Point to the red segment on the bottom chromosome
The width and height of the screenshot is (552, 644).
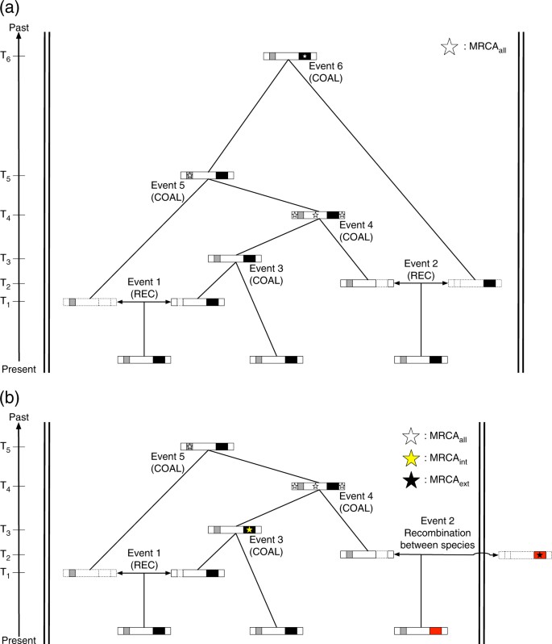click(x=435, y=630)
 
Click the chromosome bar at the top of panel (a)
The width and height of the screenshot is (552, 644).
click(x=288, y=56)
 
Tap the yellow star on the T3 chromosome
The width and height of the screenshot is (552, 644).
click(x=250, y=529)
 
